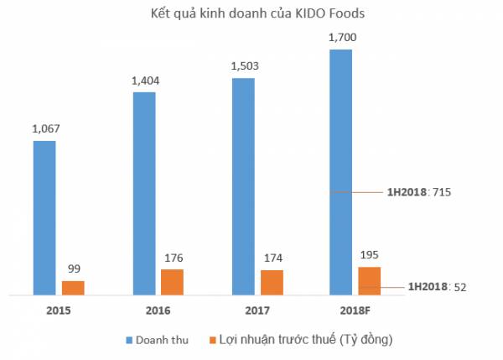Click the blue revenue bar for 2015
click(44, 217)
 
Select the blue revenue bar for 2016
click(144, 193)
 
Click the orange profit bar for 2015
click(73, 287)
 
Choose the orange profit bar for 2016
click(172, 282)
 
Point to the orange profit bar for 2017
click(272, 282)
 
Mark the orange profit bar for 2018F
click(370, 280)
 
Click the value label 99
click(74, 269)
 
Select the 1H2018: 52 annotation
click(436, 287)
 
